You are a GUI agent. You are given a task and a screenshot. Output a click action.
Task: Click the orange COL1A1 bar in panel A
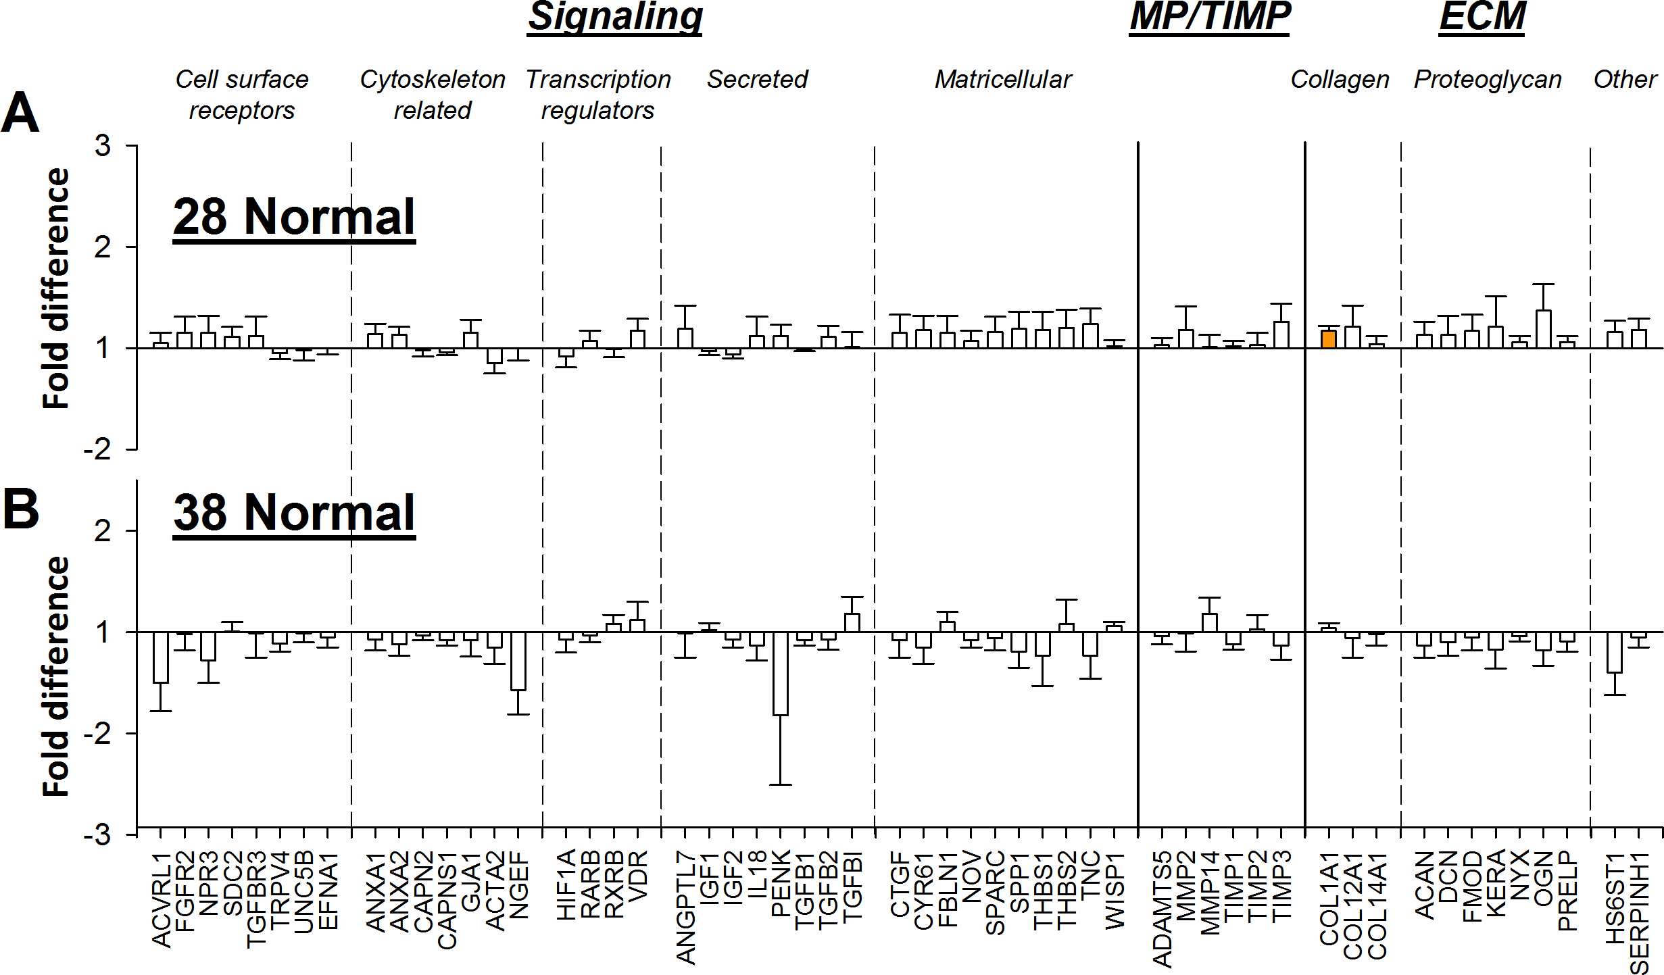(1328, 339)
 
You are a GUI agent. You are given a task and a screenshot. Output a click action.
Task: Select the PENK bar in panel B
(780, 673)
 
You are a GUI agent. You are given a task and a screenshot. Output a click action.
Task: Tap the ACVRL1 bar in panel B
(160, 657)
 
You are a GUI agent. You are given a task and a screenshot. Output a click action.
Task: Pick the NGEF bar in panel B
(518, 661)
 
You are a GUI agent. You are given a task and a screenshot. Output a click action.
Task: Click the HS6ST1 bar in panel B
(1614, 652)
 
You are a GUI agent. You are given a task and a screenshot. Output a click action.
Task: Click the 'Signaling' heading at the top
(615, 17)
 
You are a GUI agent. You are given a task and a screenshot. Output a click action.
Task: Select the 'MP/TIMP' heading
(1210, 17)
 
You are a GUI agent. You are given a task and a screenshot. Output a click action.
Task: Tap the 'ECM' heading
(1482, 17)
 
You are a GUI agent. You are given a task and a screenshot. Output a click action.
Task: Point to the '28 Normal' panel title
(294, 217)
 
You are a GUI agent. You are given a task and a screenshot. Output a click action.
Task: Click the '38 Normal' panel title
(294, 513)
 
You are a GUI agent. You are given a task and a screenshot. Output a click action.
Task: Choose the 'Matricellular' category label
(1003, 80)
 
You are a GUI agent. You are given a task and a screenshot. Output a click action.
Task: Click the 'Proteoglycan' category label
(1488, 80)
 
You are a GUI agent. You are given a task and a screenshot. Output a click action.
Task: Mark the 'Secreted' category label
(757, 80)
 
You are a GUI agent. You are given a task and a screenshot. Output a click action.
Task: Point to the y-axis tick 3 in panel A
(103, 146)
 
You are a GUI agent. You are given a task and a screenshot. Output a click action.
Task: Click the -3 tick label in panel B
(97, 835)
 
